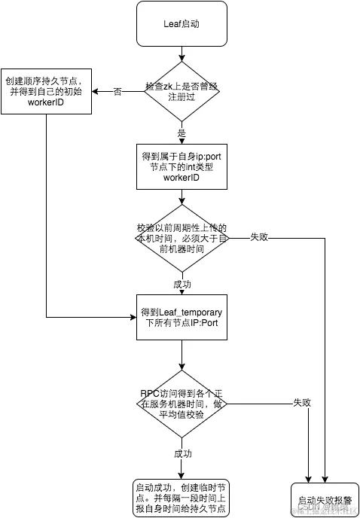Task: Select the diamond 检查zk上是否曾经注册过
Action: point(182,91)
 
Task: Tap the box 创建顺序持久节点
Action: point(45,91)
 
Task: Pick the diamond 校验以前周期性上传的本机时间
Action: point(182,238)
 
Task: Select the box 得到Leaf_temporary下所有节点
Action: point(182,318)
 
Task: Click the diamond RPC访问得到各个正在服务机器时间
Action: point(182,403)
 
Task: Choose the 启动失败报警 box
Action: point(325,500)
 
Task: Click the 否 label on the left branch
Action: point(117,91)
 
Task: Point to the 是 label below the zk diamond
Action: point(182,133)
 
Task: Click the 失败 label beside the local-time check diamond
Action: point(258,238)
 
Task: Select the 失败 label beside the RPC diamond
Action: point(302,403)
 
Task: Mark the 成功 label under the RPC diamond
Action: point(182,454)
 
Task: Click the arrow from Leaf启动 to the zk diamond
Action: point(182,56)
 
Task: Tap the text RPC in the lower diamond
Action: point(151,393)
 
